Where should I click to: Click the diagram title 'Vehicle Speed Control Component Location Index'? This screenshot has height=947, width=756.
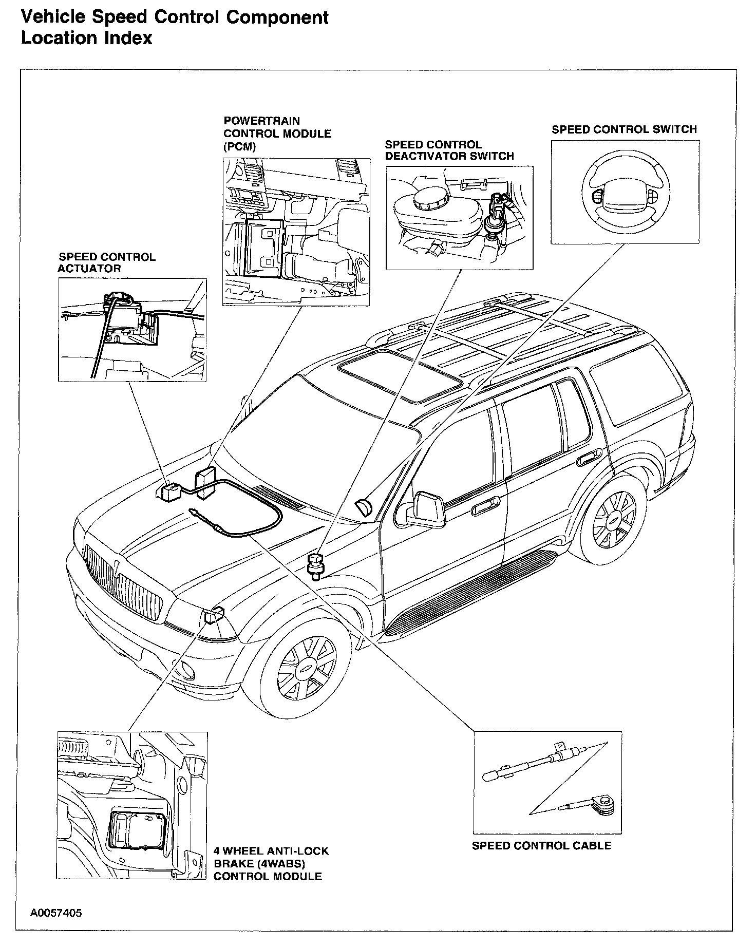pyautogui.click(x=175, y=28)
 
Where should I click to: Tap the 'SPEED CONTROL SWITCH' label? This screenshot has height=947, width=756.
pyautogui.click(x=624, y=129)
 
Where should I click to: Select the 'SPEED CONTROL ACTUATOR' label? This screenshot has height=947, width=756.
pyautogui.click(x=106, y=262)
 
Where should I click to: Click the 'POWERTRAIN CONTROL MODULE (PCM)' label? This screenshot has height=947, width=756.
pyautogui.click(x=277, y=134)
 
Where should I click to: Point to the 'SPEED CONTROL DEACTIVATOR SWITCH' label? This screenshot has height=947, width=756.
pyautogui.click(x=449, y=150)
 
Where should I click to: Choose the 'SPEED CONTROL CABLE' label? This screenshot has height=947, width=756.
pyautogui.click(x=541, y=845)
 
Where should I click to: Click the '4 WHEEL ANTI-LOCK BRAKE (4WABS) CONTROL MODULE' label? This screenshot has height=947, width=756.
pyautogui.click(x=271, y=863)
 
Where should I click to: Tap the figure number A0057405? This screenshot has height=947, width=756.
pyautogui.click(x=56, y=913)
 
